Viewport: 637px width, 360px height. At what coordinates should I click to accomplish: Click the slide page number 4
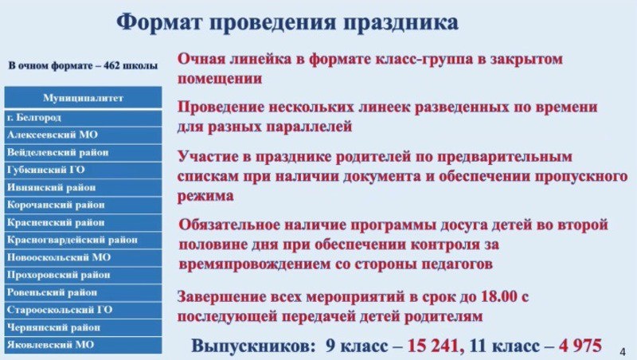point(622,350)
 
